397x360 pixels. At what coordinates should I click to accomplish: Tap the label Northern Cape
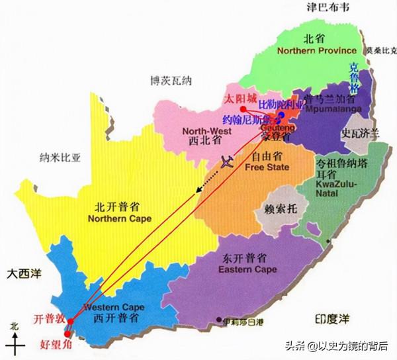(x=120, y=219)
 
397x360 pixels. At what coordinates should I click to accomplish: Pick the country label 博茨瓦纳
(x=170, y=81)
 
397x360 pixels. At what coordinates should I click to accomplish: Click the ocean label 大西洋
(x=20, y=273)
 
